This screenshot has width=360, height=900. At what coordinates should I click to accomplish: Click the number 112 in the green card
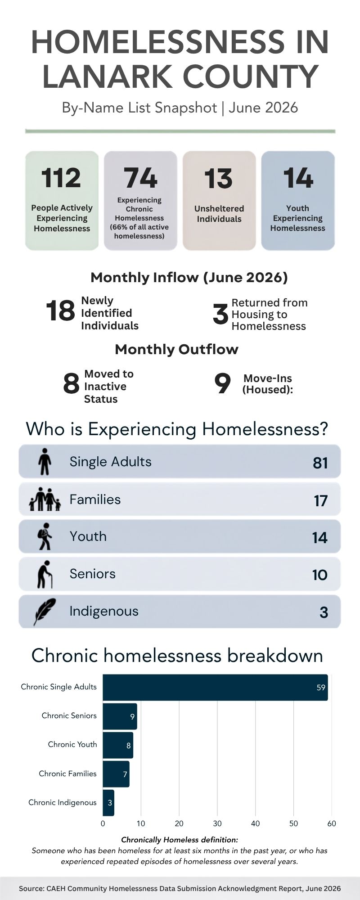[61, 178]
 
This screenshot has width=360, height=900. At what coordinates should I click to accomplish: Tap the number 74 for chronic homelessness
[140, 178]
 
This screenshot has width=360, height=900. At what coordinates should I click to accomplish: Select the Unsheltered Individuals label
[219, 214]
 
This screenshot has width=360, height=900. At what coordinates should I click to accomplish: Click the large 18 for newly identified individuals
[60, 311]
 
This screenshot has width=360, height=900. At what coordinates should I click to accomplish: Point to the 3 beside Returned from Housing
[220, 314]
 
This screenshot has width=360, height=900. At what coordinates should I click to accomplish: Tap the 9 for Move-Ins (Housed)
[222, 384]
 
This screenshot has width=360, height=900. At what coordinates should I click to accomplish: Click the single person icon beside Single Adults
[44, 461]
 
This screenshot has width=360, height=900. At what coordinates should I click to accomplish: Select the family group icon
[45, 499]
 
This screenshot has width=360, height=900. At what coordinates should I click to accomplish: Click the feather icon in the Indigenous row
[44, 612]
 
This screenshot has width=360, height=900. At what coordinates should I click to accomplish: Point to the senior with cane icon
[45, 574]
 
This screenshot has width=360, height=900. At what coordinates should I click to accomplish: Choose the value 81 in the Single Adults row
[320, 463]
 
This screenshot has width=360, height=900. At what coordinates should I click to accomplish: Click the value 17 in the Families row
[320, 500]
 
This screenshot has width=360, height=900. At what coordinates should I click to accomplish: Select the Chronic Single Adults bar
[215, 687]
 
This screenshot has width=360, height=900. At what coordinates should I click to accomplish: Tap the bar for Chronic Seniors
[120, 716]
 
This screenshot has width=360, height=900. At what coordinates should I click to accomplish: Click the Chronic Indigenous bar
[108, 802]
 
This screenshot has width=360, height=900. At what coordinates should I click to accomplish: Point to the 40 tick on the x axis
[255, 823]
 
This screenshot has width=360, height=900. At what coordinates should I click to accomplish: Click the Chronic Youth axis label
[72, 744]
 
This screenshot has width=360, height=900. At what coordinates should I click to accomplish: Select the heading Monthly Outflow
[176, 349]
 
